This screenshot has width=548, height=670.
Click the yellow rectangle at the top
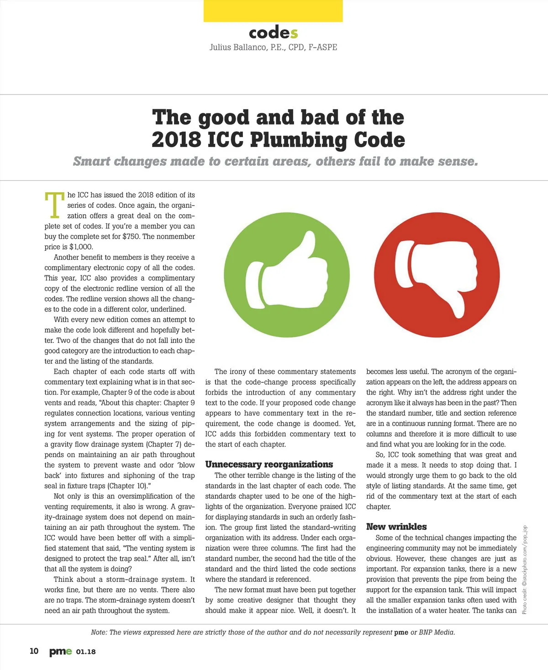click(x=273, y=11)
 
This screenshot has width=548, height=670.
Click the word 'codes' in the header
click(x=273, y=33)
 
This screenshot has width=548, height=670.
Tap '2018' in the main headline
click(x=176, y=140)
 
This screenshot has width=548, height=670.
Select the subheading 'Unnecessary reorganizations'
click(x=269, y=464)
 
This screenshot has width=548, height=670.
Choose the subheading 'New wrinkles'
click(x=396, y=527)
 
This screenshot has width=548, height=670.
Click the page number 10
click(x=34, y=651)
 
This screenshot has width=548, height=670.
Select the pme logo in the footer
click(x=60, y=652)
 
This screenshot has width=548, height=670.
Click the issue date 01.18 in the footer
click(x=86, y=652)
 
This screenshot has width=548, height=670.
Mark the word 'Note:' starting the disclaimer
click(x=99, y=633)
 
